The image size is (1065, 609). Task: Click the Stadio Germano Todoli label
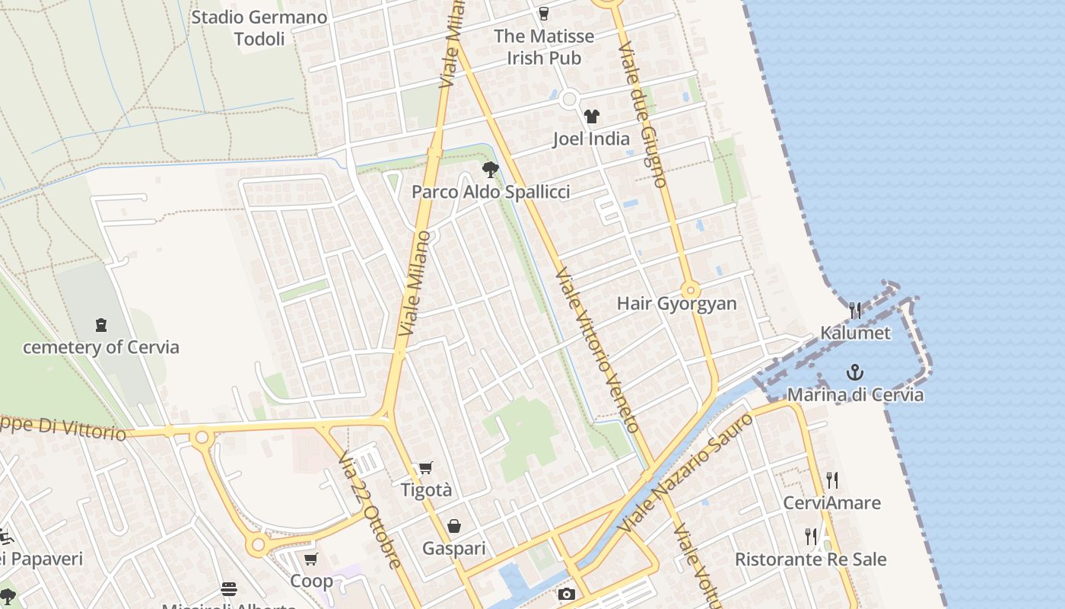259,28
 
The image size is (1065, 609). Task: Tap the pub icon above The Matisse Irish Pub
543,13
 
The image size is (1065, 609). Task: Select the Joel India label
591,139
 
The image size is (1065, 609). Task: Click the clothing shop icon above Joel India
592,116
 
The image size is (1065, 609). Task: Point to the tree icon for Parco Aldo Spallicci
491,170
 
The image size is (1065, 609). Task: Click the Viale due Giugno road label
643,114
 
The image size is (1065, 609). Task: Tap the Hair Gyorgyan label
676,303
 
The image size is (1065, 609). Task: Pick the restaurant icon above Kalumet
855,310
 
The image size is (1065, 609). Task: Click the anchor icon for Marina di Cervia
856,372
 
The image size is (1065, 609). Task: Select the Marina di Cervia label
855,394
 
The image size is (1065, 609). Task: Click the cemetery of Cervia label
101,347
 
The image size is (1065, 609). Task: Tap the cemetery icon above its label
101,325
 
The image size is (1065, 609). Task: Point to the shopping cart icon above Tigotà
426,467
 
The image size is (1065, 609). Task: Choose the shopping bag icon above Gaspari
454,526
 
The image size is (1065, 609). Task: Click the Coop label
311,581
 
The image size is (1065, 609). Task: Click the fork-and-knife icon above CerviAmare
832,480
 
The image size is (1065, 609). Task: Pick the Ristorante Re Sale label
810,560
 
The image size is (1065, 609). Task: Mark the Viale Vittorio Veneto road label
596,350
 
